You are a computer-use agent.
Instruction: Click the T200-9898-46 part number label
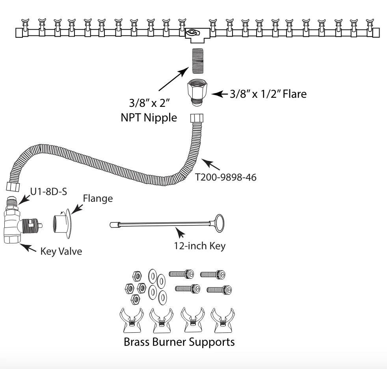pyautogui.click(x=225, y=177)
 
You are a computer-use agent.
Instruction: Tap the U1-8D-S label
pyautogui.click(x=48, y=192)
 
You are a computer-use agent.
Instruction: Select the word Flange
pyautogui.click(x=98, y=199)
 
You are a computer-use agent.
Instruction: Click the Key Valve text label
pyautogui.click(x=61, y=251)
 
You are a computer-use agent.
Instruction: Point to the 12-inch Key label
pyautogui.click(x=200, y=246)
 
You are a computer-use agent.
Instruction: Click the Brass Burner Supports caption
pyautogui.click(x=179, y=342)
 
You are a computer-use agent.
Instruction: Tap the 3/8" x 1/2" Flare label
pyautogui.click(x=268, y=94)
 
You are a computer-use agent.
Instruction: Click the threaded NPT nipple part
pyautogui.click(x=198, y=61)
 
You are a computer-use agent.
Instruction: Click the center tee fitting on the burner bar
pyautogui.click(x=197, y=35)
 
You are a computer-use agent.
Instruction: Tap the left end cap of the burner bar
pyautogui.click(x=19, y=33)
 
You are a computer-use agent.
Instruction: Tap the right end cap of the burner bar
pyautogui.click(x=376, y=33)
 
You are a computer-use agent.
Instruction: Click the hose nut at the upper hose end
pyautogui.click(x=197, y=118)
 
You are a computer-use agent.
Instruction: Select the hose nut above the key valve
pyautogui.click(x=13, y=186)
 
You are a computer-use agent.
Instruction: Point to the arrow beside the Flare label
pyautogui.click(x=220, y=94)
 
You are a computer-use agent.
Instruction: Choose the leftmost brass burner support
pyautogui.click(x=132, y=320)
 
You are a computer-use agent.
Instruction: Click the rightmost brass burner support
pyautogui.click(x=223, y=320)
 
